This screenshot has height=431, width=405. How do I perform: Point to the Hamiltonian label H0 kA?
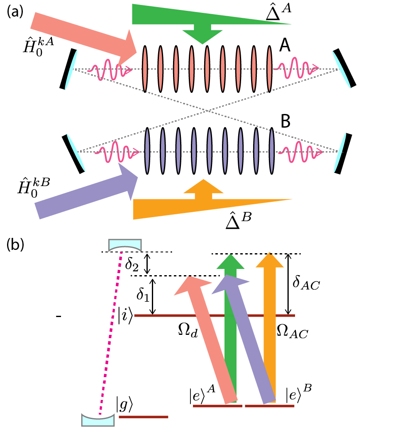point(38,45)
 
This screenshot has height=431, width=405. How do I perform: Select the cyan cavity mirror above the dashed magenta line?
point(125,245)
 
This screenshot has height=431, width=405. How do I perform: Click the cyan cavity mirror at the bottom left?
point(98,419)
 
